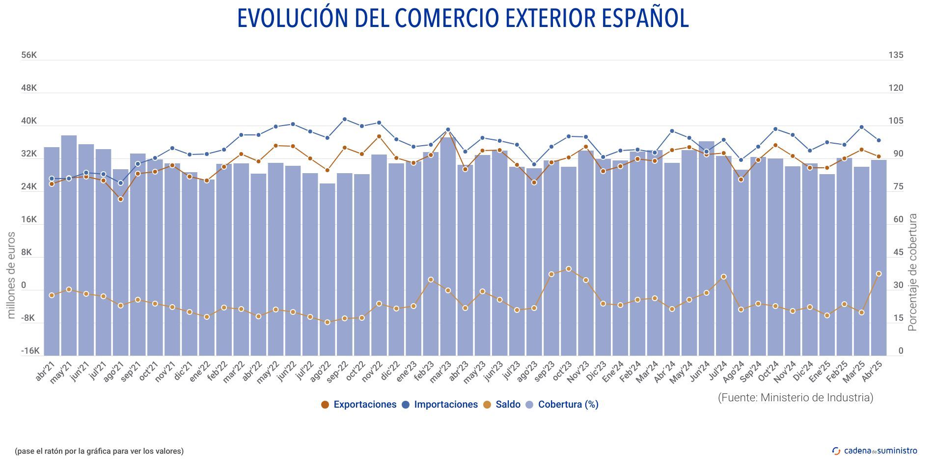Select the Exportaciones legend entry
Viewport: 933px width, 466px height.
(x=364, y=405)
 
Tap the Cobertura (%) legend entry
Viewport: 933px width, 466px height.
(x=568, y=405)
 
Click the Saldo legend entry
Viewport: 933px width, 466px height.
(x=507, y=405)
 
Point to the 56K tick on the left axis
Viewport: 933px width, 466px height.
(x=29, y=55)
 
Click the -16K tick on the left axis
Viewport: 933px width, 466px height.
(x=30, y=351)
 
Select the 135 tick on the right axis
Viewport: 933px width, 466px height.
(x=896, y=55)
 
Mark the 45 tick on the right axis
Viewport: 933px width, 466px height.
(x=898, y=252)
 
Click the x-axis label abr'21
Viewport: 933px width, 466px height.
(x=45, y=372)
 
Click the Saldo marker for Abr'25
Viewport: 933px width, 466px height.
(x=878, y=274)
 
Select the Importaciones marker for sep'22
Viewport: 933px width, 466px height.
(x=345, y=119)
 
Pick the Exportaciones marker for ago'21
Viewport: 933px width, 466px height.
(x=120, y=199)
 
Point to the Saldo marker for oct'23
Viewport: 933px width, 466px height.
(x=569, y=269)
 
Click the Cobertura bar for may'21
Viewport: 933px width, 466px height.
(x=69, y=245)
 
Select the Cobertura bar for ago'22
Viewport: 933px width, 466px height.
(x=328, y=270)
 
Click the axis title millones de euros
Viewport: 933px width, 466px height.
(x=11, y=275)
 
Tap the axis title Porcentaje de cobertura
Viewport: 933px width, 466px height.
(x=912, y=272)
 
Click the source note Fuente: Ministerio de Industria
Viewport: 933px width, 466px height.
(x=796, y=397)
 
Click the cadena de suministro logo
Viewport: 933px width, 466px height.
(x=875, y=450)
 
